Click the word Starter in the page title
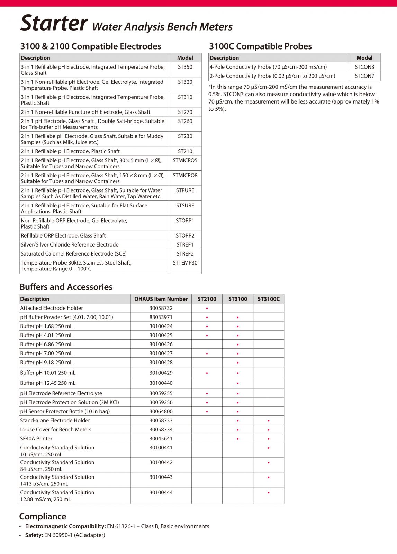click(54, 23)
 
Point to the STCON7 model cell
click(364, 76)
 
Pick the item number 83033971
click(161, 317)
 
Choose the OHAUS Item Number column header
click(161, 299)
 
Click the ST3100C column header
click(268, 299)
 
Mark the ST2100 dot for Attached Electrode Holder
click(207, 308)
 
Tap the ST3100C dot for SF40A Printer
click(269, 439)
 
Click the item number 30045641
click(161, 439)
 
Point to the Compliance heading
click(43, 516)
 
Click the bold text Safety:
click(34, 535)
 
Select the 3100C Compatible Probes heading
click(260, 46)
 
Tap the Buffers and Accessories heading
click(66, 287)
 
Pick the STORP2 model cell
click(185, 235)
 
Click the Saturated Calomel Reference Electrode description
click(73, 254)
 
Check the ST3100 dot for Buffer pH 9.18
click(238, 363)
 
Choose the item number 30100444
click(161, 492)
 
